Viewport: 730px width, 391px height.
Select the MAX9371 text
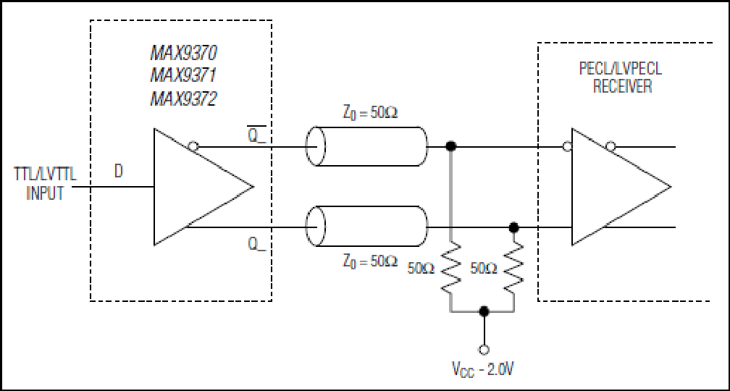coord(183,76)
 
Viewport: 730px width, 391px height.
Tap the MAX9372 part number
coord(183,98)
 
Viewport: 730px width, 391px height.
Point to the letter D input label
coord(119,172)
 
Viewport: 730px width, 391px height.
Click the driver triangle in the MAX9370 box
coord(204,187)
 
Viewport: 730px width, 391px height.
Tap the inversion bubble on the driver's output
coord(193,147)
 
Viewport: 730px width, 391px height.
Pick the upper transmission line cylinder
coord(366,146)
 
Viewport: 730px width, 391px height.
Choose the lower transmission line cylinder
coord(366,227)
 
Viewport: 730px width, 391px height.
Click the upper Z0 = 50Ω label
coord(370,114)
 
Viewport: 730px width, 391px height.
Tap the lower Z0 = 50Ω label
coord(370,261)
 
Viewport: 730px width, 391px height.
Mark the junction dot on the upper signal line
coord(450,146)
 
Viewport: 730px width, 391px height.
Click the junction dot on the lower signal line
coord(513,227)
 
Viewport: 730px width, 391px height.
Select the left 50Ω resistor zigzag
coord(450,269)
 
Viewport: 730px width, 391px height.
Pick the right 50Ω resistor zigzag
coord(513,265)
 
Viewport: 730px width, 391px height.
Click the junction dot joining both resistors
coord(484,311)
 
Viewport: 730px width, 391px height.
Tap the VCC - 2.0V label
coord(484,370)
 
